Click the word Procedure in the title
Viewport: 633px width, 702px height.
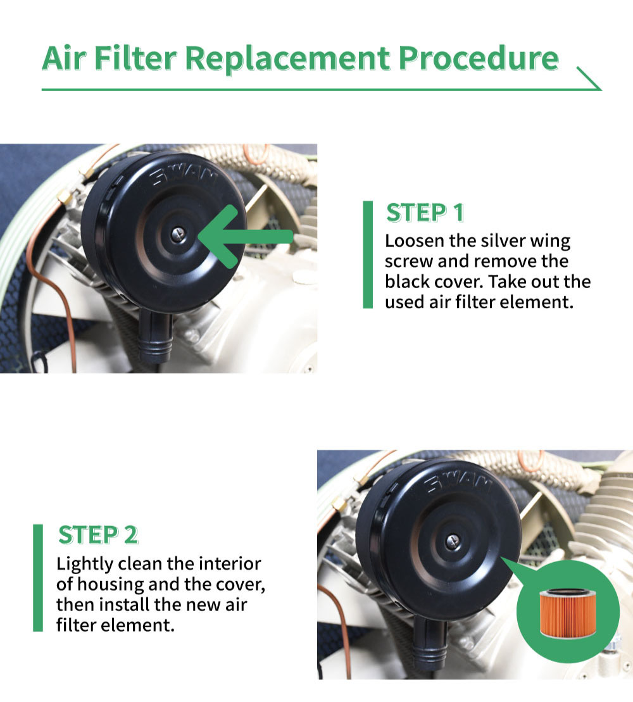(479, 58)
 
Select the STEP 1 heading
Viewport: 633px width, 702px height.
(425, 213)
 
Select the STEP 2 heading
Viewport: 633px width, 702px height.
(97, 536)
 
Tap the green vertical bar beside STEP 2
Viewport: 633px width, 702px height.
(38, 577)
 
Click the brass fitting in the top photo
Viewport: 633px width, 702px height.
(65, 199)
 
